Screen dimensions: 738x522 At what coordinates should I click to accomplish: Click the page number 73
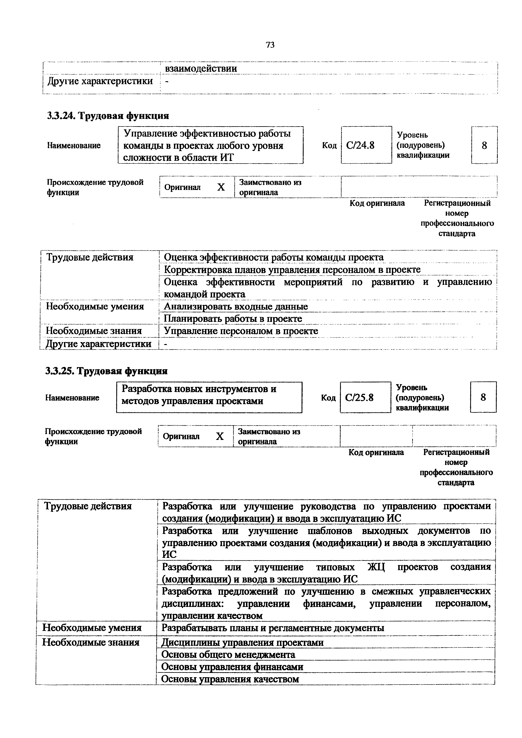click(x=270, y=45)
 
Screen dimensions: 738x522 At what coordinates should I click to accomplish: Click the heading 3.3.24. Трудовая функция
click(x=108, y=116)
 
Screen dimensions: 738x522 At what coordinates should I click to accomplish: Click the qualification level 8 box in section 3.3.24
click(x=484, y=146)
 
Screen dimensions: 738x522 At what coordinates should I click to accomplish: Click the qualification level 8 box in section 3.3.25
click(x=483, y=398)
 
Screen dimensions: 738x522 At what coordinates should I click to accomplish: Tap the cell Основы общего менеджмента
click(x=228, y=655)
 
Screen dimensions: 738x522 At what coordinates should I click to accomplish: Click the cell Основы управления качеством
click(x=230, y=679)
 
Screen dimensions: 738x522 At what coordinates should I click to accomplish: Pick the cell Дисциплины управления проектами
click(x=242, y=642)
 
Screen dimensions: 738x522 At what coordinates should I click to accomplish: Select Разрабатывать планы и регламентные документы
click(x=272, y=628)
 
